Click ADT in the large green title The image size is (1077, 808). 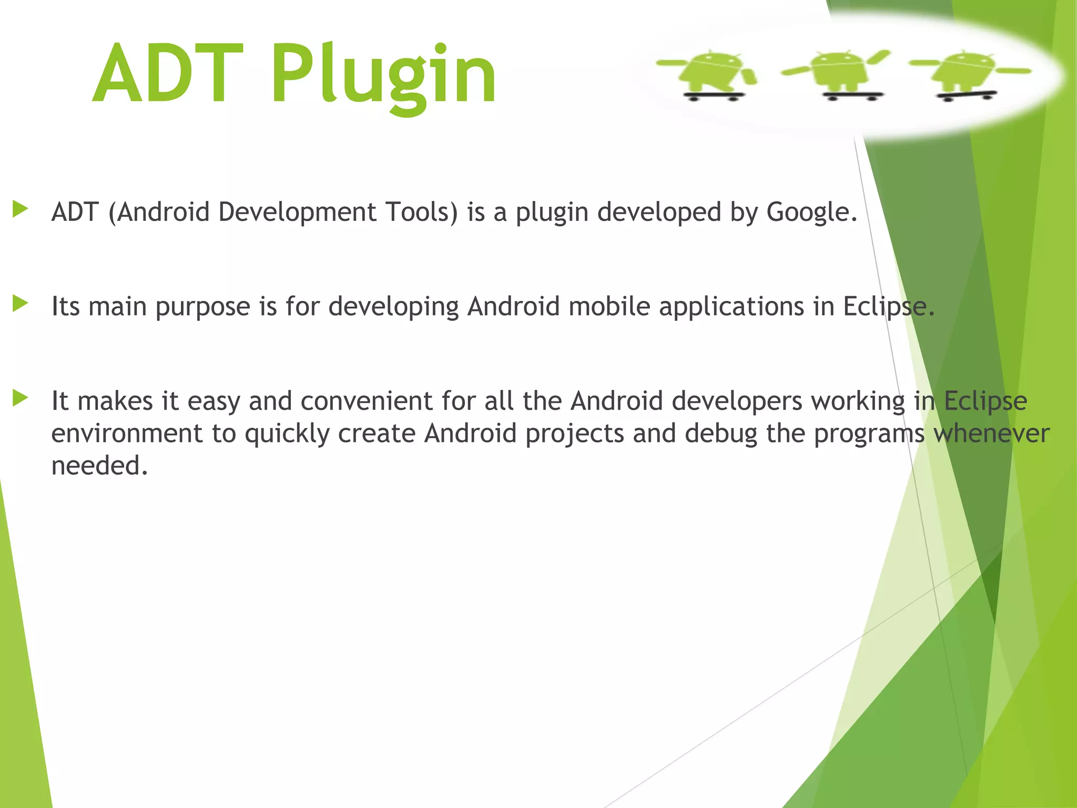tap(168, 74)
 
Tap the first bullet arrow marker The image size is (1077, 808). tap(21, 209)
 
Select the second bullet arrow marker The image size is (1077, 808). tap(21, 304)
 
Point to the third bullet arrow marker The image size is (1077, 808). tap(21, 398)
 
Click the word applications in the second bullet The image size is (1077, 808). tap(731, 307)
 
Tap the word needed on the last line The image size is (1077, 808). tap(99, 466)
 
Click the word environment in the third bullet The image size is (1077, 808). tap(126, 434)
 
